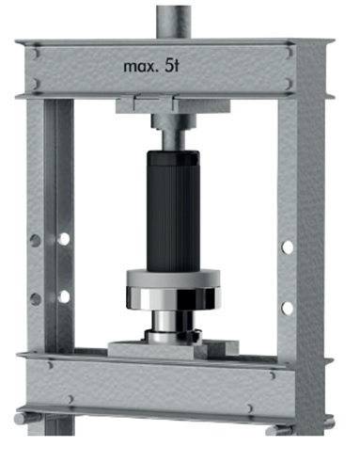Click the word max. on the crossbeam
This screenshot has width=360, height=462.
139,67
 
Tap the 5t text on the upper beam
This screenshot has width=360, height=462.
172,66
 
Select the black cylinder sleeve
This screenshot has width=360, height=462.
173,210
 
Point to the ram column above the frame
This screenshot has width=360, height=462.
175,21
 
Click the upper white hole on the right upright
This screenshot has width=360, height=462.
287,247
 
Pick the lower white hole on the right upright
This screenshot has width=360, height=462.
287,308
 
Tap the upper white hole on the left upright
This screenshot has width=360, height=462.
64,239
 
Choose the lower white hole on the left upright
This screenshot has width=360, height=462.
64,296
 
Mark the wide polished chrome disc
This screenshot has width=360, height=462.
173,298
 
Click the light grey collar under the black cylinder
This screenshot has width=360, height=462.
173,278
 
